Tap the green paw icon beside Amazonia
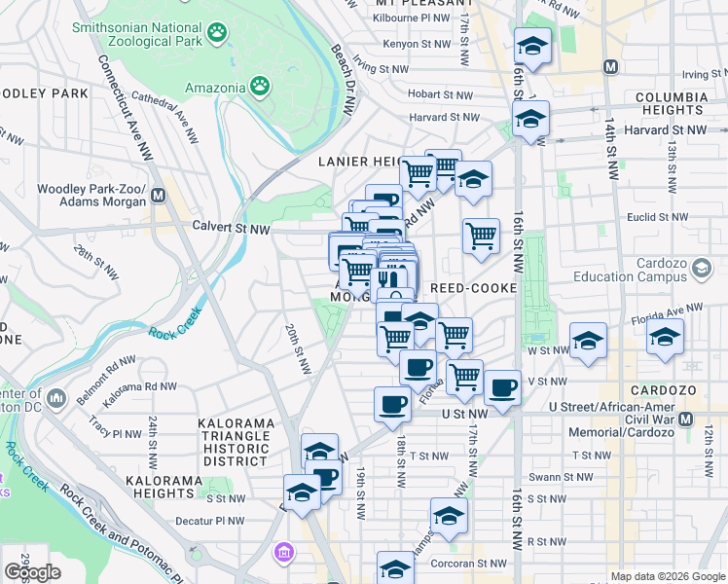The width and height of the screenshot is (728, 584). coord(260,87)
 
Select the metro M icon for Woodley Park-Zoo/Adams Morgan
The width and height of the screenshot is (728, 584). coord(158,195)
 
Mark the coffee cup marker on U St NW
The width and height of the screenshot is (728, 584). coord(392,402)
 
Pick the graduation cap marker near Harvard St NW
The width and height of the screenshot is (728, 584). coord(530,119)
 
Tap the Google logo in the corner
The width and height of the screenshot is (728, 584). coord(32,572)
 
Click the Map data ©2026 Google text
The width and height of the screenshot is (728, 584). coord(668,576)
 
